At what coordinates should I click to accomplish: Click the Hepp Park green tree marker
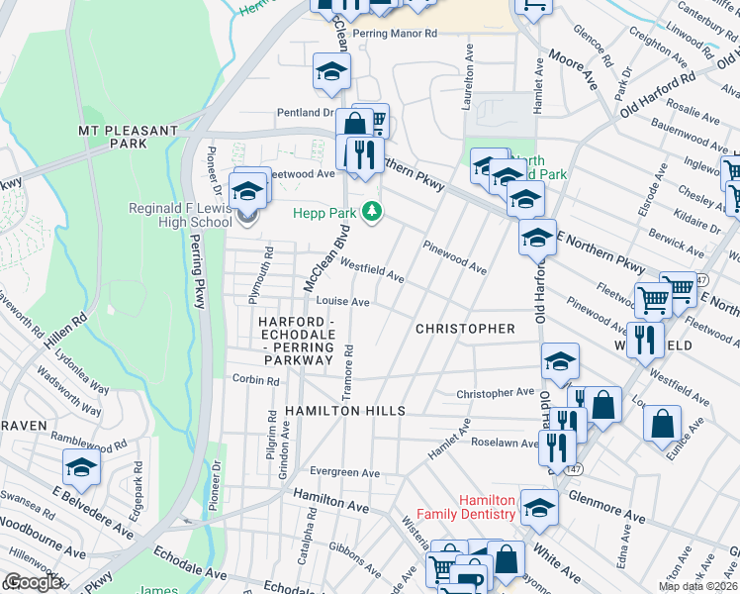(x=373, y=211)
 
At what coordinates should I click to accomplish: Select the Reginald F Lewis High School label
(x=180, y=215)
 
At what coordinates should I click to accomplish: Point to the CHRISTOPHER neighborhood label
(x=465, y=328)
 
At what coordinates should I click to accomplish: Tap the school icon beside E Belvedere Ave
(x=81, y=466)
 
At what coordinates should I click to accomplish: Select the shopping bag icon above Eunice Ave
(x=662, y=423)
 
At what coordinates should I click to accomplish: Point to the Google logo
(x=32, y=582)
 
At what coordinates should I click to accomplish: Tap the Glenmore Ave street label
(x=609, y=510)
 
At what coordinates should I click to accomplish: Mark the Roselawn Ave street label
(x=502, y=442)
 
